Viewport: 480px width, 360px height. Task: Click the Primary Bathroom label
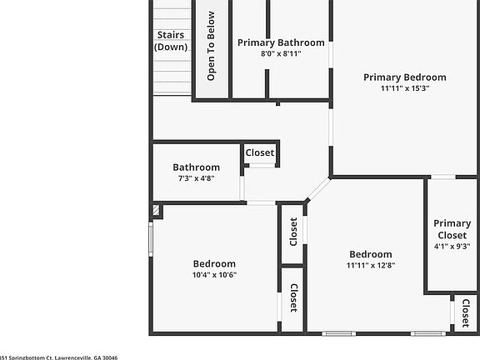pyautogui.click(x=281, y=42)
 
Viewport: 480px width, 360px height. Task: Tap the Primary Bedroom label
pyautogui.click(x=404, y=77)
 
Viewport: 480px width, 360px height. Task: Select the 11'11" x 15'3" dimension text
pyautogui.click(x=404, y=89)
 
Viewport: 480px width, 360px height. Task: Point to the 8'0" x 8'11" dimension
pyautogui.click(x=281, y=53)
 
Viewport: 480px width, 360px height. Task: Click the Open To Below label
pyautogui.click(x=212, y=46)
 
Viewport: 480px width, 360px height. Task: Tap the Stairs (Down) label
pyautogui.click(x=171, y=41)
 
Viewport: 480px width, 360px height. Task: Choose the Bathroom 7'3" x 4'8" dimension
pyautogui.click(x=196, y=177)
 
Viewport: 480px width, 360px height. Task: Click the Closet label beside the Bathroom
pyautogui.click(x=259, y=153)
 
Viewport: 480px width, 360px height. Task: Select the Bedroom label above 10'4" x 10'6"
pyautogui.click(x=214, y=263)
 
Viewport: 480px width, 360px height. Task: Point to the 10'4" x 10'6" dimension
pyautogui.click(x=214, y=275)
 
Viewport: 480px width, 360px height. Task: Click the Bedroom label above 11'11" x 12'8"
pyautogui.click(x=370, y=255)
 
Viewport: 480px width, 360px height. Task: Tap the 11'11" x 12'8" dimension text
pyautogui.click(x=370, y=266)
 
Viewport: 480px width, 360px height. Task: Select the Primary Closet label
pyautogui.click(x=452, y=229)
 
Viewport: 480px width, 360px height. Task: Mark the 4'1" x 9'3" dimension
pyautogui.click(x=452, y=246)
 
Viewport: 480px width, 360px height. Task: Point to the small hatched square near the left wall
pyautogui.click(x=156, y=212)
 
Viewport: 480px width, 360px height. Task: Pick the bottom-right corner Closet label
pyautogui.click(x=465, y=313)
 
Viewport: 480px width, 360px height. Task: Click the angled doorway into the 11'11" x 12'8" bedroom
pyautogui.click(x=317, y=190)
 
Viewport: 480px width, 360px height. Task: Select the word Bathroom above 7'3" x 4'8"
pyautogui.click(x=196, y=167)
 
